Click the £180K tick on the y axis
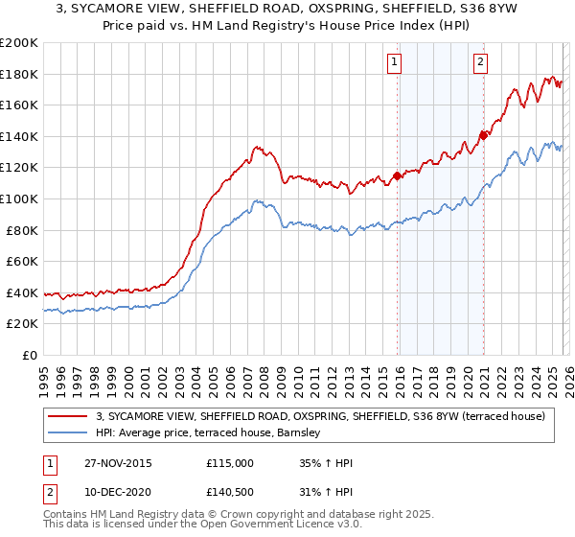point(19,74)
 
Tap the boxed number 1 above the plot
point(394,64)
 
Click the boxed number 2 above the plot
point(479,64)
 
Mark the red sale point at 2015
point(397,175)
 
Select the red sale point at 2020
point(483,135)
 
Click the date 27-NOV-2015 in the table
point(117,463)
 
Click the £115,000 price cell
point(229,463)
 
